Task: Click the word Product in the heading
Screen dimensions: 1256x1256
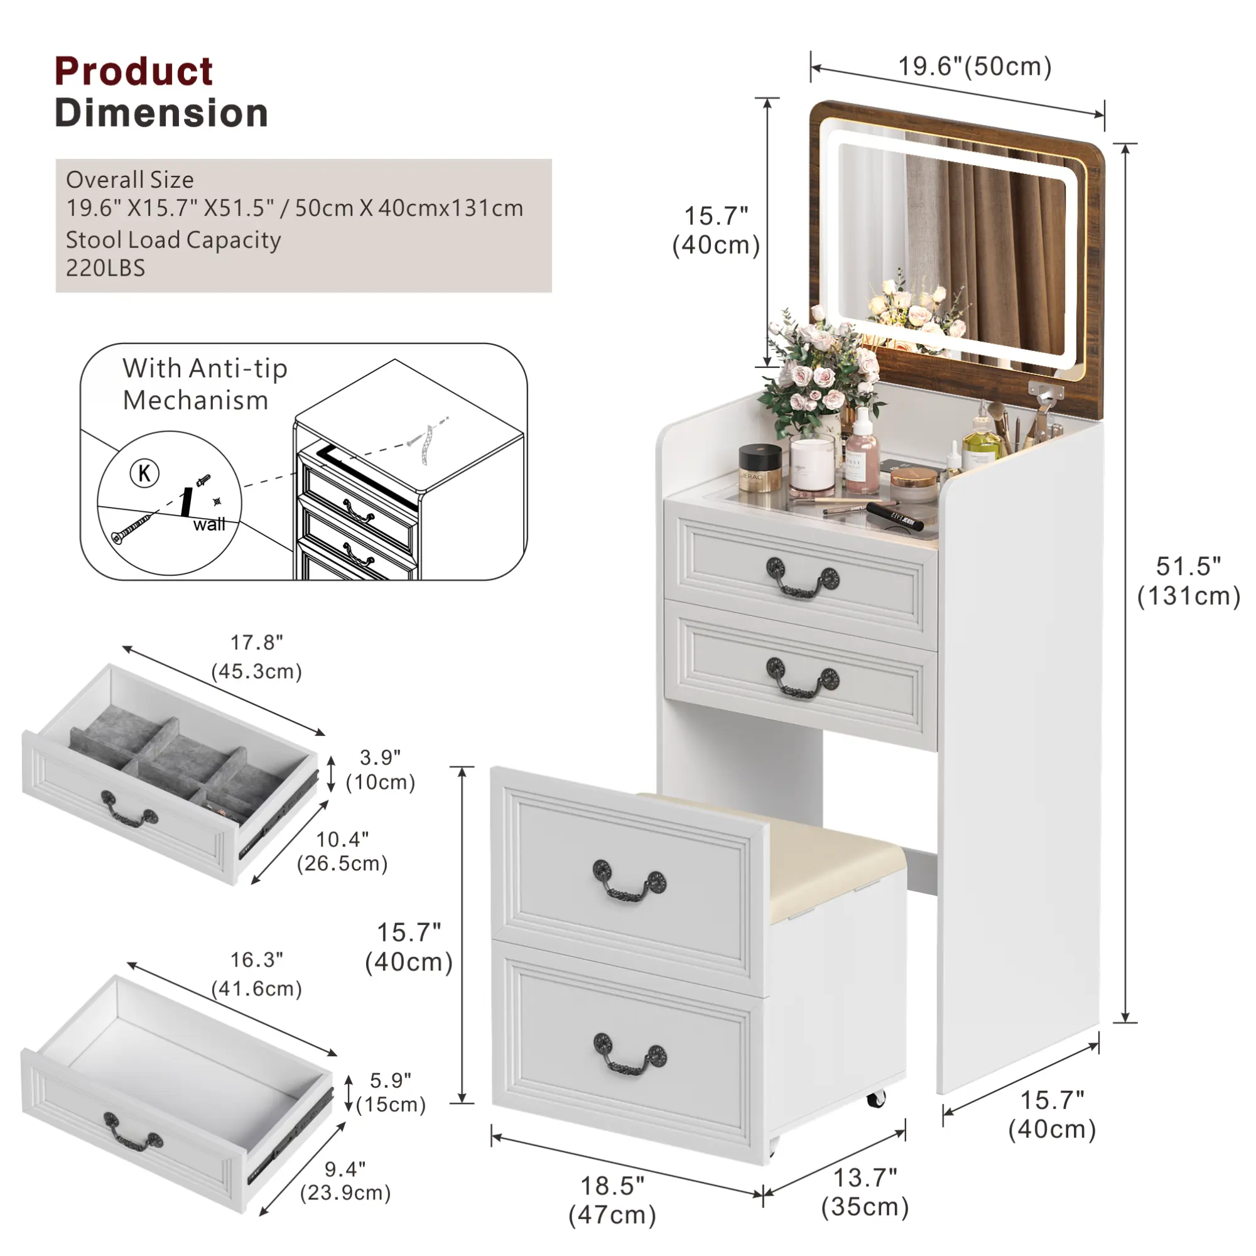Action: click(133, 71)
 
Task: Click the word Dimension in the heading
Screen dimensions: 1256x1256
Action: click(161, 113)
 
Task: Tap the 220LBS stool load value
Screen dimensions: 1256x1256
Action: click(106, 268)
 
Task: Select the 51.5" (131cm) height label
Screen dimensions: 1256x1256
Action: click(1188, 581)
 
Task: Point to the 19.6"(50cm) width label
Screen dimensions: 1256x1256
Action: click(975, 67)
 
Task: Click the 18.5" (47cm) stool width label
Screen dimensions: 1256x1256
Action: click(612, 1200)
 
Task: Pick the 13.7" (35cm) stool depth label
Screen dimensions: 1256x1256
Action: click(865, 1193)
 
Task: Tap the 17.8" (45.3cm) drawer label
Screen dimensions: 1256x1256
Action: click(257, 658)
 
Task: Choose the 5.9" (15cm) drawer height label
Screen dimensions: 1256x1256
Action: click(391, 1093)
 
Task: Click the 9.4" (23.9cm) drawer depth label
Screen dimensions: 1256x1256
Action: click(345, 1181)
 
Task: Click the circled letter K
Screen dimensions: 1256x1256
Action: click(144, 474)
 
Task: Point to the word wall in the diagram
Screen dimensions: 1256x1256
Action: click(208, 524)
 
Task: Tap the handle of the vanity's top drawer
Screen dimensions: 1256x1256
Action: click(802, 577)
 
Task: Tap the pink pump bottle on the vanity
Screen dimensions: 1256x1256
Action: click(862, 451)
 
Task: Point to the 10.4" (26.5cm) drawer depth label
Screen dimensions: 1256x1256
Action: click(343, 852)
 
